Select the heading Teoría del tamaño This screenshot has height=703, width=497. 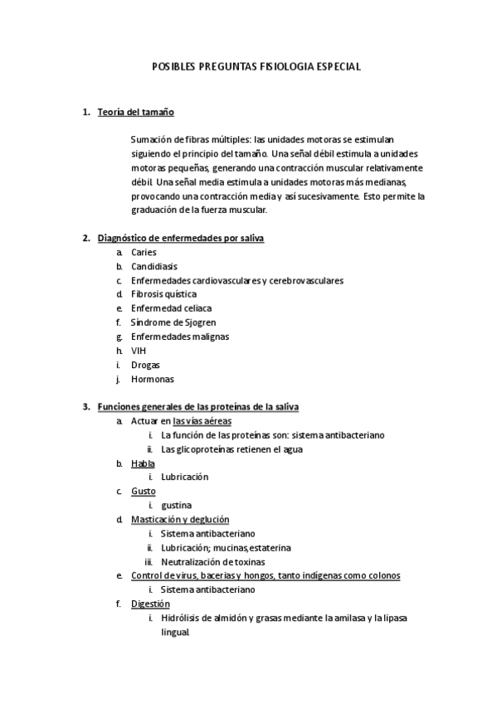(x=135, y=112)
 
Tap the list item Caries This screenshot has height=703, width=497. (x=144, y=252)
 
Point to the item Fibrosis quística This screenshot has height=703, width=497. (x=163, y=294)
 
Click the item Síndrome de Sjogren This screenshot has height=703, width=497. (x=173, y=322)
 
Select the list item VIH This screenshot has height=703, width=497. (x=139, y=351)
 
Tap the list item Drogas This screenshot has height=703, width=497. (x=145, y=365)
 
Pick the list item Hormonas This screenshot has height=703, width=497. (x=153, y=379)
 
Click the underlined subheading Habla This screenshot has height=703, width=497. (x=143, y=463)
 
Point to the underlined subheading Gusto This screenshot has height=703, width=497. (x=143, y=492)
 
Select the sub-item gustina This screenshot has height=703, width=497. (x=177, y=506)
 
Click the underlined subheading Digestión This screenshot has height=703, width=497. (x=150, y=604)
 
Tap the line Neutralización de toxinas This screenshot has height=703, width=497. (x=213, y=561)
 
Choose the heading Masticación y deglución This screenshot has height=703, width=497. (x=180, y=520)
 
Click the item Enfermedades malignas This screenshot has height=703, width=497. (x=180, y=337)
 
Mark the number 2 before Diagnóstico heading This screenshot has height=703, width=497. (x=85, y=239)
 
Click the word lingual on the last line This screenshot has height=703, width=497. (x=175, y=632)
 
